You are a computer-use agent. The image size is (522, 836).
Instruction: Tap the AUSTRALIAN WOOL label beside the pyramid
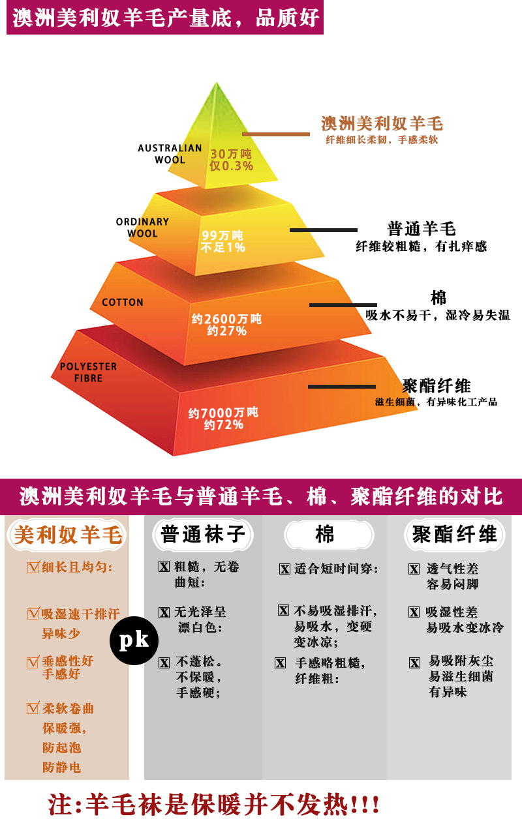169,154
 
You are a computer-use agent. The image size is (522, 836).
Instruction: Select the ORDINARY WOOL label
142,228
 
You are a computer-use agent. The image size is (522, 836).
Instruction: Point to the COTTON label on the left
123,303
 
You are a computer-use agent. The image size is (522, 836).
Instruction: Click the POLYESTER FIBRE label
88,372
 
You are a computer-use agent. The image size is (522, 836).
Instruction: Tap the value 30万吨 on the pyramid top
230,154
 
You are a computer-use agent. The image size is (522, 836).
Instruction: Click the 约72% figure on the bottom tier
223,425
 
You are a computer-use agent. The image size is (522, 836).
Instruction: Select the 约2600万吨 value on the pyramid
226,319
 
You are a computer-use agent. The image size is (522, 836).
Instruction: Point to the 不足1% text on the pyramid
223,248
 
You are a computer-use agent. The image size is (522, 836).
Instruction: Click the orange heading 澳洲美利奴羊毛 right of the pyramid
382,124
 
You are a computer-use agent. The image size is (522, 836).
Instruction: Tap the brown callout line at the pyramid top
276,134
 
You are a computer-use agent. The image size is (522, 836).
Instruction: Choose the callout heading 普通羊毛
421,229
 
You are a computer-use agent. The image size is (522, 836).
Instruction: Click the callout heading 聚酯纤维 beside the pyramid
436,385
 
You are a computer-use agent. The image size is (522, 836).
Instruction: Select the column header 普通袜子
203,535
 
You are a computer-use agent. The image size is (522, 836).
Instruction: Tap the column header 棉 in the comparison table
324,535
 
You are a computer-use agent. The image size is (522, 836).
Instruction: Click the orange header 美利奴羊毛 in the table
68,535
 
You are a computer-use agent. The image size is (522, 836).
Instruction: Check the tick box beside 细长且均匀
33,567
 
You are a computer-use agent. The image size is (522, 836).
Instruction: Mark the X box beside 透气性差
414,569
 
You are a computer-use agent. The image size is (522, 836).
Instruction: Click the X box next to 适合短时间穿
284,569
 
